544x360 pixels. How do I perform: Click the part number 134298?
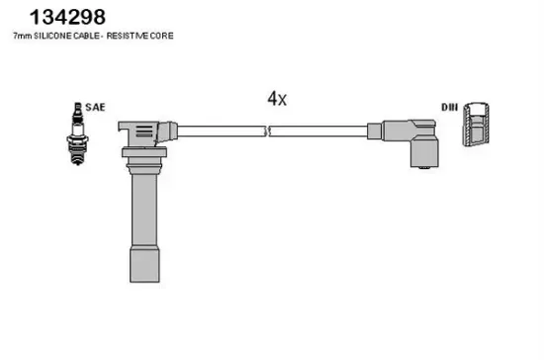[x=67, y=17]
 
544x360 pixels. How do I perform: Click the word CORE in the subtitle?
[x=161, y=36]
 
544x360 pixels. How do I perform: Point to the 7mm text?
[x=23, y=36]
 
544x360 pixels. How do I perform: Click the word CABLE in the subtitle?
[x=86, y=36]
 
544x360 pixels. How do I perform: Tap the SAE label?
[x=95, y=107]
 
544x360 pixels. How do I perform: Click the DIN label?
[x=450, y=107]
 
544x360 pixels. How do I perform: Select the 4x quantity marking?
[x=277, y=99]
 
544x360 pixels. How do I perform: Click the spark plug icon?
[x=77, y=134]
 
